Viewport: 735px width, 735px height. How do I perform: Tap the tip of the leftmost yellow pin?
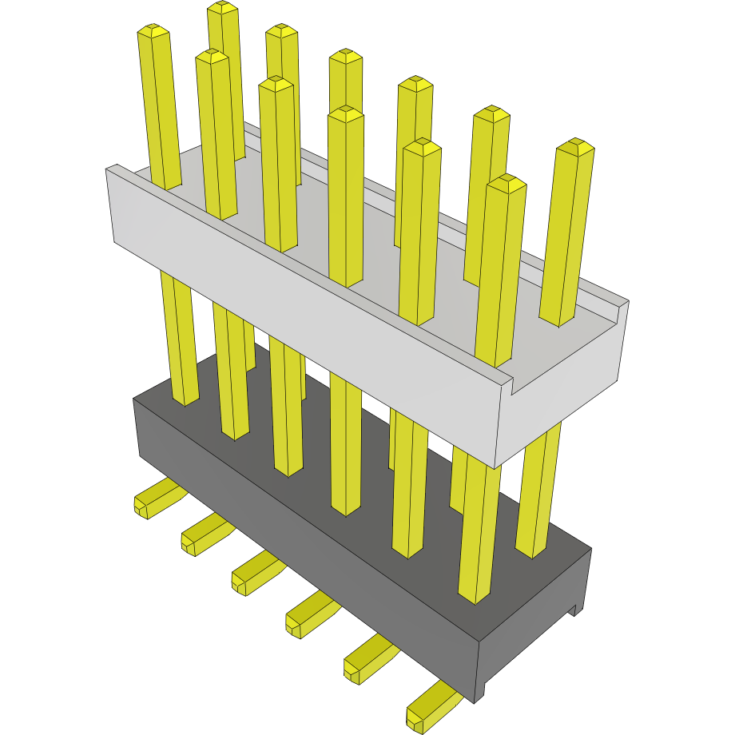pyautogui.click(x=153, y=32)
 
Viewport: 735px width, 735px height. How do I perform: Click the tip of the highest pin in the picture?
pyautogui.click(x=223, y=8)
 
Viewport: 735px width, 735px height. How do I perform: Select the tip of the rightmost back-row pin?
pyautogui.click(x=575, y=147)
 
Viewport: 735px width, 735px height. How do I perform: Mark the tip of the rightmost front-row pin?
pyautogui.click(x=506, y=183)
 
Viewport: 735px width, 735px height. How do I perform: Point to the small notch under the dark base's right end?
pyautogui.click(x=573, y=610)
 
